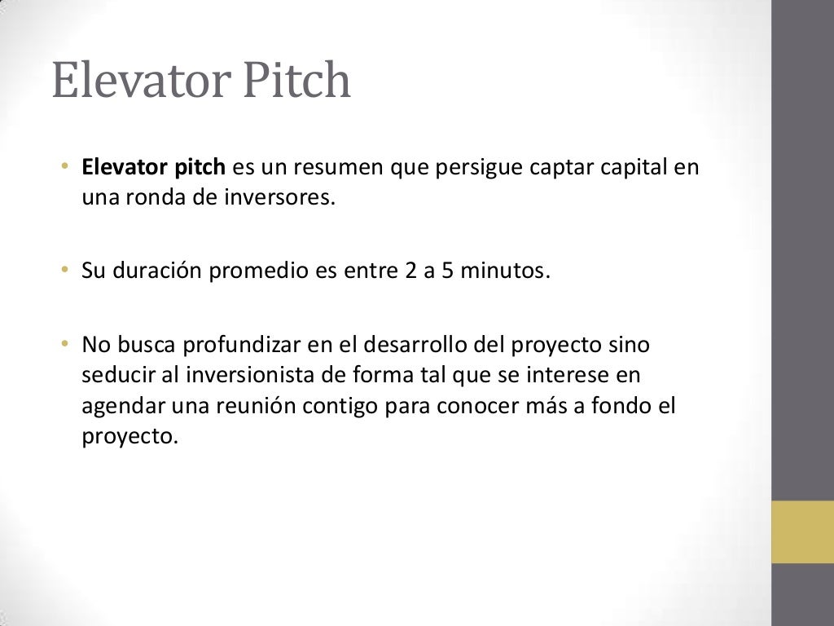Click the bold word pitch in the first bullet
pos(199,169)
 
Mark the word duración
pos(155,271)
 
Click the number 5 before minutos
pos(447,271)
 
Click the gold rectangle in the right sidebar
pos(802,531)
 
